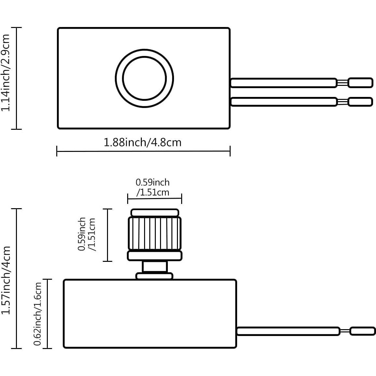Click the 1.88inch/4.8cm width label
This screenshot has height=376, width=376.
142,142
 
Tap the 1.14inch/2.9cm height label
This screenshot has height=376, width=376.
6,73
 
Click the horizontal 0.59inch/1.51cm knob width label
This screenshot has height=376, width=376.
153,187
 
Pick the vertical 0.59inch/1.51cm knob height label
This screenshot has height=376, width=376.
87,234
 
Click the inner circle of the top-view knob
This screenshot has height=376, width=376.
144,78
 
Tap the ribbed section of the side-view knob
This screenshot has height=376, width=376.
154,234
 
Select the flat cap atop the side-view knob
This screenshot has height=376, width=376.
155,213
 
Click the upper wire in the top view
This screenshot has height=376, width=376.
283,83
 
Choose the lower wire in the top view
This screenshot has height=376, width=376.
283,102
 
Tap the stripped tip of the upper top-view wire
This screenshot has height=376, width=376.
360,83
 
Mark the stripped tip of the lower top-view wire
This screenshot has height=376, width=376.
360,102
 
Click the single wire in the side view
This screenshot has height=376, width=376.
288,331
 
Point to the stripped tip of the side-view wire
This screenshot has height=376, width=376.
362,331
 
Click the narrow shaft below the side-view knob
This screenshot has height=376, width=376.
154,267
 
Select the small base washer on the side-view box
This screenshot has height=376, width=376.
154,276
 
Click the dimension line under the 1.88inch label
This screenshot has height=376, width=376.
143,151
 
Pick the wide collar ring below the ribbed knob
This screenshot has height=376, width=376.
154,256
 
